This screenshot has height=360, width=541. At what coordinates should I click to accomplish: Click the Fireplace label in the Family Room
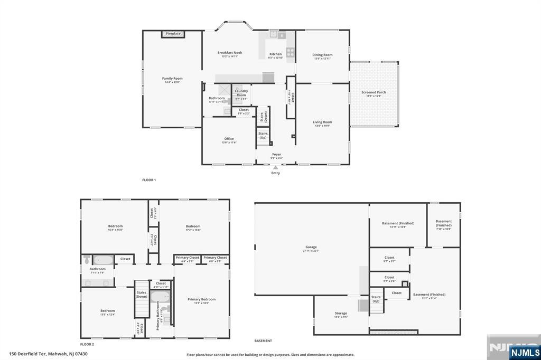(173, 34)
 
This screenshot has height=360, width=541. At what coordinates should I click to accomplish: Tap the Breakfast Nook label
(229, 53)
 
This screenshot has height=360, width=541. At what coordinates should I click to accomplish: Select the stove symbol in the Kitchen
(290, 52)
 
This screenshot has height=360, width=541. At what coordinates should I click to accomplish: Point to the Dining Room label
(322, 55)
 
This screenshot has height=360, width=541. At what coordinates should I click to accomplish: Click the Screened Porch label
(374, 92)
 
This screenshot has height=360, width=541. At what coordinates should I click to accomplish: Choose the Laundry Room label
(241, 93)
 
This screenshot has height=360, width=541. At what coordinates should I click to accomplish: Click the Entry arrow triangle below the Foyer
(275, 167)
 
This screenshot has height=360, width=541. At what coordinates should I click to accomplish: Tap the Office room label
(229, 139)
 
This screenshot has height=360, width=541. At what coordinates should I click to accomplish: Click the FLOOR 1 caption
(149, 180)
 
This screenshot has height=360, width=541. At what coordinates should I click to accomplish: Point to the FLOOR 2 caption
(87, 344)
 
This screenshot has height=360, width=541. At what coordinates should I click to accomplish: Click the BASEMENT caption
(263, 341)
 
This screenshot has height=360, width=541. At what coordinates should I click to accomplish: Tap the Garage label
(311, 247)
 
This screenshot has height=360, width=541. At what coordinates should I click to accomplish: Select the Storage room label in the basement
(341, 314)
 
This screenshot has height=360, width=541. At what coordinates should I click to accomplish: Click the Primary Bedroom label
(201, 299)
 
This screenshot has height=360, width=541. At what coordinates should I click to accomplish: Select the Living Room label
(322, 122)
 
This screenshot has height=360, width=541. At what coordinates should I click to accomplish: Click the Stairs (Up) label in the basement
(376, 299)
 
